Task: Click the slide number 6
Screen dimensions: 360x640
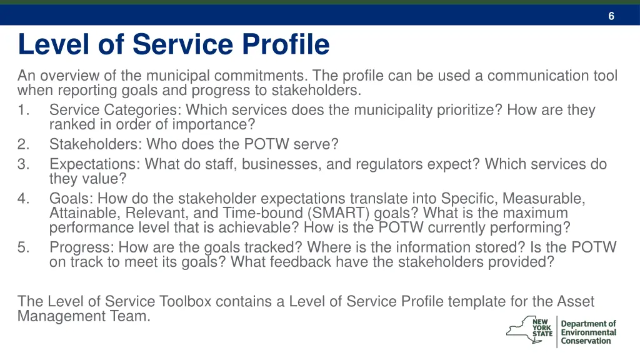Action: click(611, 16)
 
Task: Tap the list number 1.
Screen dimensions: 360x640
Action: click(23, 111)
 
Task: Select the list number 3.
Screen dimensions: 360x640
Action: click(23, 164)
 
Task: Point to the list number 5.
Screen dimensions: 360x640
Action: click(23, 247)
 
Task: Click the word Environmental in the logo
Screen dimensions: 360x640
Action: click(588, 332)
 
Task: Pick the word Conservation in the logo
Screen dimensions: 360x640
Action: click(586, 341)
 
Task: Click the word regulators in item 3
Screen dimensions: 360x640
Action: click(387, 164)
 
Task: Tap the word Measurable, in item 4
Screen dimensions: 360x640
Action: click(544, 199)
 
